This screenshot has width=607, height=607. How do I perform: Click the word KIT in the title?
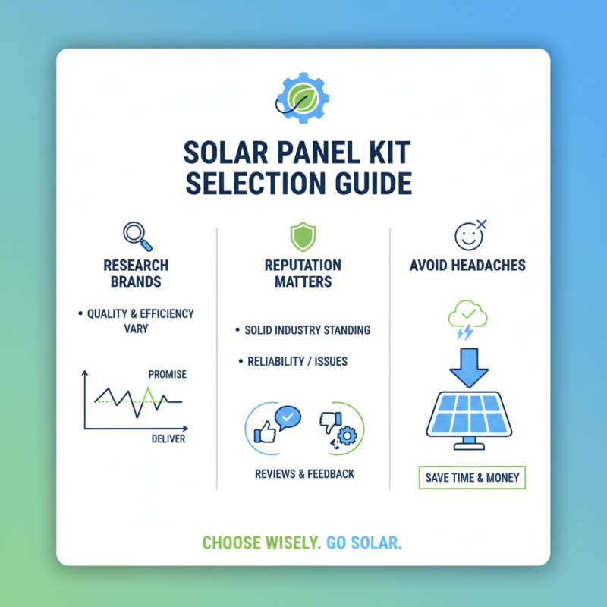(x=388, y=153)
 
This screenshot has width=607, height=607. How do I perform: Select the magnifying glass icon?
(x=137, y=235)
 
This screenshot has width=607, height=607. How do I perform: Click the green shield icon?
(x=303, y=236)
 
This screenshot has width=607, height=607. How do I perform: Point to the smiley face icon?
(x=468, y=236)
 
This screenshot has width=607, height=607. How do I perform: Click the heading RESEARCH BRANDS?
(x=137, y=273)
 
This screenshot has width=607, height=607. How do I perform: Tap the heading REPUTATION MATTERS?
(x=303, y=273)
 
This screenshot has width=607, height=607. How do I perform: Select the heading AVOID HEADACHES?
(x=468, y=266)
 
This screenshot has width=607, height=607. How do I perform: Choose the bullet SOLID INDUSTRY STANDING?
(x=307, y=331)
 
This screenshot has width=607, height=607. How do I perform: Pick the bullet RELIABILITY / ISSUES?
(x=297, y=361)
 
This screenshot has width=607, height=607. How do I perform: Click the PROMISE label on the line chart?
(x=168, y=374)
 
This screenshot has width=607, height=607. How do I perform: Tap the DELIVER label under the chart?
(x=168, y=439)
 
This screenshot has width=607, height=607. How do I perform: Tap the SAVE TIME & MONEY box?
(x=471, y=478)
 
